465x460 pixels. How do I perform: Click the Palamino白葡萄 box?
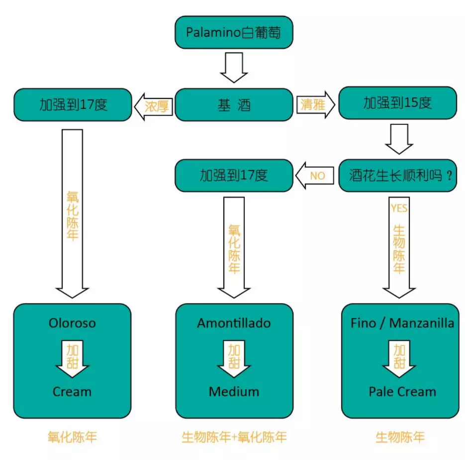pos(234,33)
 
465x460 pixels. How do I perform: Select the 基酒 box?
pos(234,105)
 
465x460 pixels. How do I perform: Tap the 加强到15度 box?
pos(397,103)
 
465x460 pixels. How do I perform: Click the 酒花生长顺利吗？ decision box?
pos(397,175)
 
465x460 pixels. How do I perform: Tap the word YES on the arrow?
pos(399,208)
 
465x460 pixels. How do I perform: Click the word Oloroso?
pos(72,323)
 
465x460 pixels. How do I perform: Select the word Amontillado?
pos(234,323)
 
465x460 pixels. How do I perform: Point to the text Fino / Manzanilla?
pos(402,323)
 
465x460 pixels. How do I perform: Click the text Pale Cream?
pos(402,391)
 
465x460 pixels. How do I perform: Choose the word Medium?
pos(234,391)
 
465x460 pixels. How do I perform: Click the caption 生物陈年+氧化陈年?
pos(234,437)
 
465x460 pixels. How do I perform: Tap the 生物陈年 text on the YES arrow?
pos(399,248)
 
